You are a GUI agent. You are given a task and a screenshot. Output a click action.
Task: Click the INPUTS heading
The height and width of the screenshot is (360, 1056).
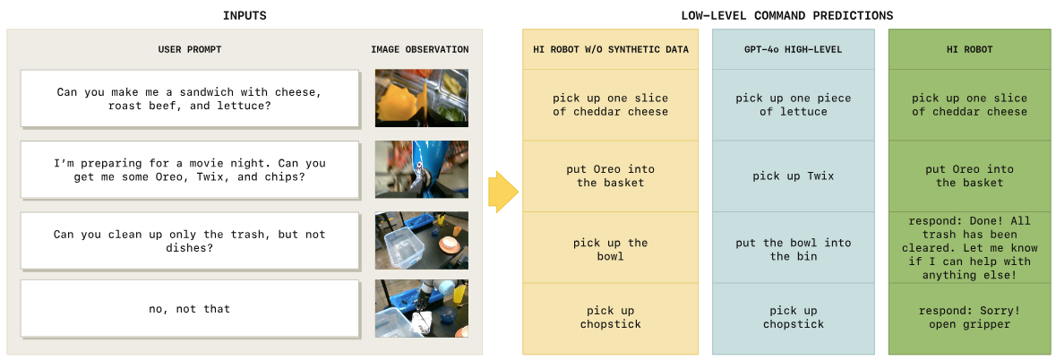click(244, 15)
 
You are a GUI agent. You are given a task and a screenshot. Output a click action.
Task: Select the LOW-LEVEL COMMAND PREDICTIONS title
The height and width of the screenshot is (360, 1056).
click(786, 15)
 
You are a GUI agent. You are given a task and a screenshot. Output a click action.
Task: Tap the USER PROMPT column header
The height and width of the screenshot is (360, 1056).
click(189, 49)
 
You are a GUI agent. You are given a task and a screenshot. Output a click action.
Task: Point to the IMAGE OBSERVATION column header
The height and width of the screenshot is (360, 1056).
click(419, 49)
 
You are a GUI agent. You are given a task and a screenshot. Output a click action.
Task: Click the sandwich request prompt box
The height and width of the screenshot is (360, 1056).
click(189, 99)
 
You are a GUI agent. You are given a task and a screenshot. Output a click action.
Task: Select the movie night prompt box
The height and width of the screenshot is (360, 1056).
click(189, 169)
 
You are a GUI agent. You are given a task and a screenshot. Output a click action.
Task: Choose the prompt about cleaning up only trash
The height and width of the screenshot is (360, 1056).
click(189, 241)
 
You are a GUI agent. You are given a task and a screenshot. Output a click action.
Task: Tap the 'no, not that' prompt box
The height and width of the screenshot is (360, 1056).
click(189, 309)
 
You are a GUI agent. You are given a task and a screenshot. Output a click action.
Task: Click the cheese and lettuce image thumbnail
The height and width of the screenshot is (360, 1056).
click(422, 99)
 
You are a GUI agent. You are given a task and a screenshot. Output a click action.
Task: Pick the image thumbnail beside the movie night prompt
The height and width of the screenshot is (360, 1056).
click(422, 169)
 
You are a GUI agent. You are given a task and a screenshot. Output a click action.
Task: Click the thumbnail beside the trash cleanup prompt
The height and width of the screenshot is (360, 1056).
click(422, 241)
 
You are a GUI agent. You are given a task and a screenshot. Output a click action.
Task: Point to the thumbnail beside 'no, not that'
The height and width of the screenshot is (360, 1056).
click(422, 309)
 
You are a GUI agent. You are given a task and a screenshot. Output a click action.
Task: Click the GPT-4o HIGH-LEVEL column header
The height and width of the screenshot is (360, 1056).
click(793, 50)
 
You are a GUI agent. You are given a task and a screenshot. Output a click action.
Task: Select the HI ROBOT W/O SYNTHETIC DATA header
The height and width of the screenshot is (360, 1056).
click(610, 50)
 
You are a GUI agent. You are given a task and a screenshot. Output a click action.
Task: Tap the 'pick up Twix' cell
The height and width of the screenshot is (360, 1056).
click(794, 176)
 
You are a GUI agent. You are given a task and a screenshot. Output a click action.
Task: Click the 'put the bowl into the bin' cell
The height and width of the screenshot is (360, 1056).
click(794, 249)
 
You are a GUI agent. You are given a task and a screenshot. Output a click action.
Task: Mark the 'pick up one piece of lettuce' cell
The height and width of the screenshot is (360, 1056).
click(794, 105)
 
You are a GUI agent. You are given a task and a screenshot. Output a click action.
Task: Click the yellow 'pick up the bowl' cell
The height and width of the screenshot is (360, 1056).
click(610, 249)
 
